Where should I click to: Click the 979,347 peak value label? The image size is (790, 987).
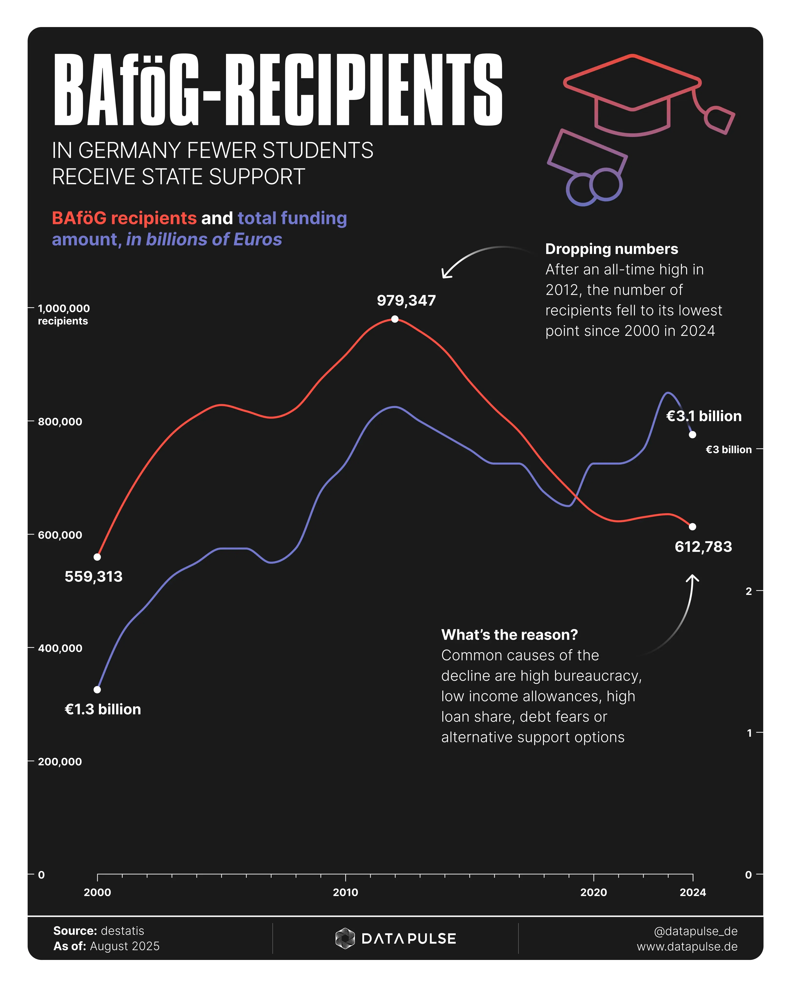406,301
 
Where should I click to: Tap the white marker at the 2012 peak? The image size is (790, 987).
395,319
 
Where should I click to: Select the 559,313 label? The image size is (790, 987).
93,576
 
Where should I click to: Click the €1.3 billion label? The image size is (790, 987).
103,709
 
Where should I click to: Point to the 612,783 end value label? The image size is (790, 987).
703,547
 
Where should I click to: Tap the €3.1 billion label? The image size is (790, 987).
703,416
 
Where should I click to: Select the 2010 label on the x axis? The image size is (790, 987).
345,892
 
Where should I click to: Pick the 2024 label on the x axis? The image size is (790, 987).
692,892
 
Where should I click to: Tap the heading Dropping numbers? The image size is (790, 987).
611,249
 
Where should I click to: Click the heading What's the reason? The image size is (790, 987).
509,635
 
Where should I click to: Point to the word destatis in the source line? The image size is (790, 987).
122,931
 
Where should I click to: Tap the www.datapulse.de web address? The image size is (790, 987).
687,946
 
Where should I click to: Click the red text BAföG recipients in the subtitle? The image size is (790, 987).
124,218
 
